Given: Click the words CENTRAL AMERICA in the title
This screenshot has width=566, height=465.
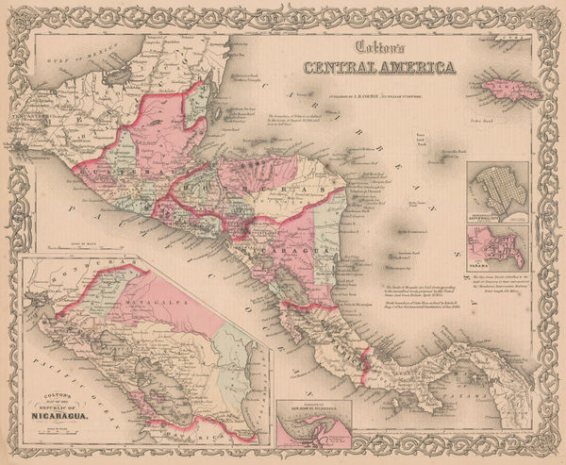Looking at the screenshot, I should [x=377, y=67].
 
